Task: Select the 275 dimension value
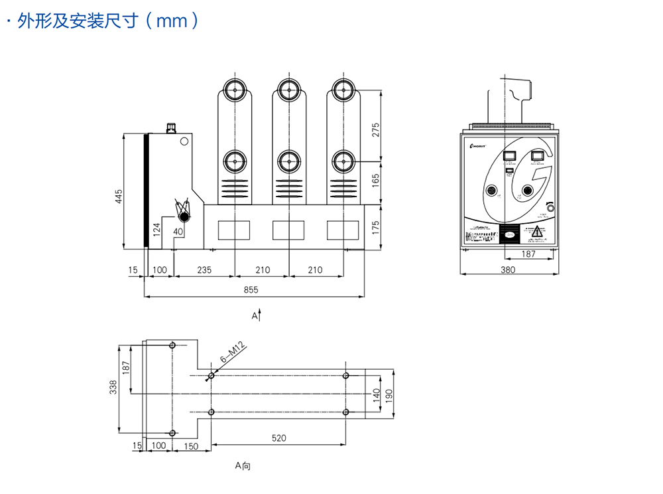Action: coord(376,129)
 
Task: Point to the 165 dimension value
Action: coord(376,181)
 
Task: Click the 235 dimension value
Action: coord(204,270)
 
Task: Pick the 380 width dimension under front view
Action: coord(508,270)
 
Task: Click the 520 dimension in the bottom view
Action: coord(279,438)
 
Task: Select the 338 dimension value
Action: coord(113,386)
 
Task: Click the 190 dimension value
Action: coord(389,395)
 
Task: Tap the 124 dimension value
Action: coord(157,230)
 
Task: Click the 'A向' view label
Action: coord(243,466)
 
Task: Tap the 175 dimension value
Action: coord(376,227)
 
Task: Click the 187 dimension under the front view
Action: coord(528,254)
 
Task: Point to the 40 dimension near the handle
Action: coord(178,231)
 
